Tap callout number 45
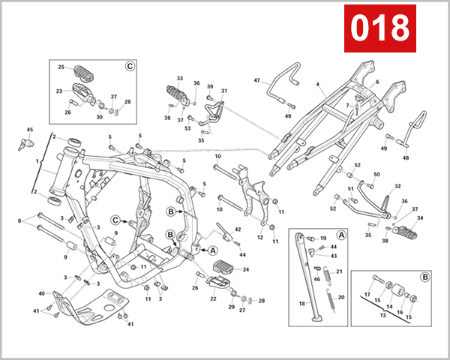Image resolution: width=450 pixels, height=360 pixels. tap(30, 130)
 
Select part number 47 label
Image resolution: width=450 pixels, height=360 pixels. tap(256, 80)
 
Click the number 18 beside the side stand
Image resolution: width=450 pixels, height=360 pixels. tap(303, 304)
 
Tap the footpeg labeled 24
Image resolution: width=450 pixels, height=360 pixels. tap(226, 268)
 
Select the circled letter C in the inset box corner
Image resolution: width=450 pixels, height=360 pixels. tap(129, 66)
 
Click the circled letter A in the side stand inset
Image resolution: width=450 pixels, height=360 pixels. tap(341, 234)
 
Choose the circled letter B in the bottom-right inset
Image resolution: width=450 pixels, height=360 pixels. tap(425, 277)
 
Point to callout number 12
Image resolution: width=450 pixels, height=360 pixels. tap(260, 238)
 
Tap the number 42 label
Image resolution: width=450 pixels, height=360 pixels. tap(238, 229)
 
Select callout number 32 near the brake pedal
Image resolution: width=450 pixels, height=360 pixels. tap(397, 186)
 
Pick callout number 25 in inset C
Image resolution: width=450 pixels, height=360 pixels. tap(61, 67)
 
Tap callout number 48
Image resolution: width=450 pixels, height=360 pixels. tap(406, 158)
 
